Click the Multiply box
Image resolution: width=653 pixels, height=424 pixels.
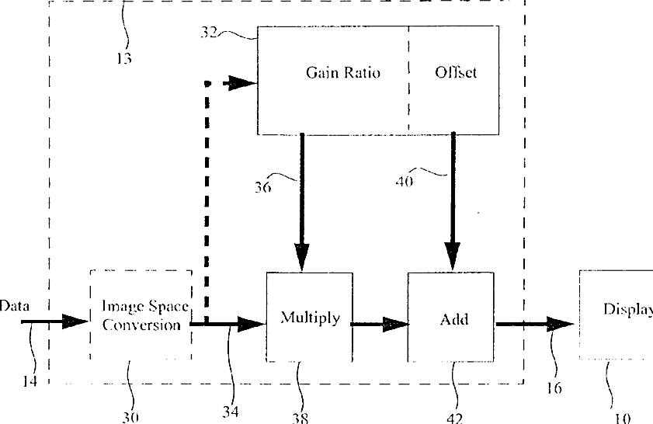pyautogui.click(x=310, y=317)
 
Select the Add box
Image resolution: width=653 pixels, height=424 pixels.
pyautogui.click(x=451, y=317)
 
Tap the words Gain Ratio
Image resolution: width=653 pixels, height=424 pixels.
pyautogui.click(x=343, y=72)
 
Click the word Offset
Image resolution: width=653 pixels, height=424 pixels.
pyautogui.click(x=456, y=72)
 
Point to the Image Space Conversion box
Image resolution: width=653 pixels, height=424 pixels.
pyautogui.click(x=141, y=315)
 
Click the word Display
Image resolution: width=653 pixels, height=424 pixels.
pyautogui.click(x=628, y=310)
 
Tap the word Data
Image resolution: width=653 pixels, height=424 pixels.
pyautogui.click(x=15, y=306)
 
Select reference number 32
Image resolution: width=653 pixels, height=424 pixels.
pyautogui.click(x=209, y=32)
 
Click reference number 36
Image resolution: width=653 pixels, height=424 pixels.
pyautogui.click(x=262, y=187)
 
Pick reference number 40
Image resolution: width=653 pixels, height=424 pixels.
pyautogui.click(x=405, y=182)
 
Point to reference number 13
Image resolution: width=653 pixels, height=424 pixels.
pyautogui.click(x=124, y=58)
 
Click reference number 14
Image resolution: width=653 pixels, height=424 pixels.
pyautogui.click(x=30, y=381)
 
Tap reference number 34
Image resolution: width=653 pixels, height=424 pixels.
pyautogui.click(x=231, y=412)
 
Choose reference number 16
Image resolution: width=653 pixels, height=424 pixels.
pyautogui.click(x=554, y=388)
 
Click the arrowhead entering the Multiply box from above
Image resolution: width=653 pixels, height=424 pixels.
pyautogui.click(x=301, y=257)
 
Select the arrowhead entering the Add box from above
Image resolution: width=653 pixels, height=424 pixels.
pyautogui.click(x=453, y=255)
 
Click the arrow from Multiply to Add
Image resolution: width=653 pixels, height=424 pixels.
pyautogui.click(x=380, y=324)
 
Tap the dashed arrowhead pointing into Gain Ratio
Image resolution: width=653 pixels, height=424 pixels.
pyautogui.click(x=242, y=83)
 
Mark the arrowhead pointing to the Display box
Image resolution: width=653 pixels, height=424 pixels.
pyautogui.click(x=561, y=324)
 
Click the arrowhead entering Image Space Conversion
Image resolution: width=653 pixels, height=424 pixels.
pyautogui.click(x=75, y=321)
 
